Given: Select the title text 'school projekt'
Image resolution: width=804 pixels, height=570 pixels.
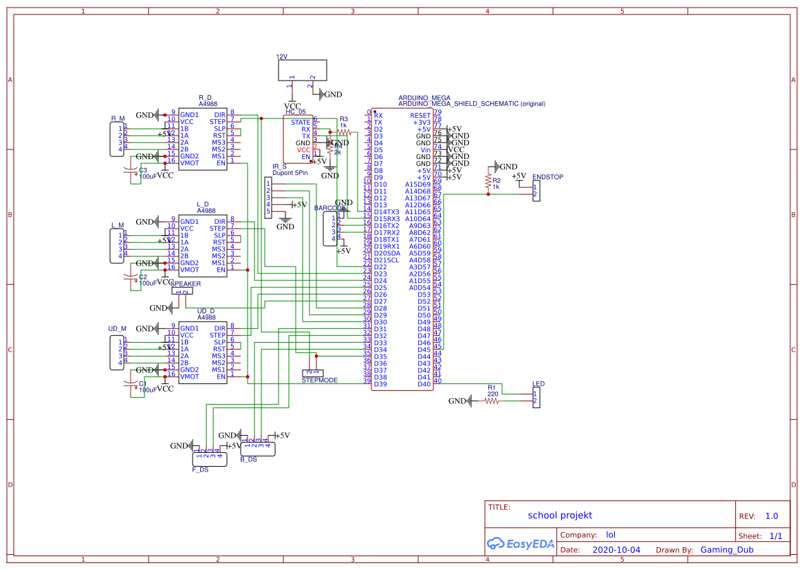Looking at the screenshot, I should tap(560, 515).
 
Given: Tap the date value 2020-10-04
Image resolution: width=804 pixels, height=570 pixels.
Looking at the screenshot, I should tap(616, 550).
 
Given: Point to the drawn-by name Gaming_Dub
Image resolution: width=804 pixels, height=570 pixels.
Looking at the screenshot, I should tap(727, 550).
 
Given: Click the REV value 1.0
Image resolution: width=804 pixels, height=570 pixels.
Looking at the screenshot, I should tap(771, 516).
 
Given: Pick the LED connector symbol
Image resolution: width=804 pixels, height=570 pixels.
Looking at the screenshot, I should tap(536, 397).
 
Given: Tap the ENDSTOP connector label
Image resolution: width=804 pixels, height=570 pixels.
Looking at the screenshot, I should tap(547, 178).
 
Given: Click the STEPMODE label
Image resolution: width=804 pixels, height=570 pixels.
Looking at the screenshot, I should tap(319, 380).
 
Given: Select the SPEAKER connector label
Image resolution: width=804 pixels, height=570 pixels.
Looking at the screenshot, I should tap(186, 284).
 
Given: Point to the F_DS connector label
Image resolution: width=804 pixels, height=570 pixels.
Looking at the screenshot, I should tap(200, 469).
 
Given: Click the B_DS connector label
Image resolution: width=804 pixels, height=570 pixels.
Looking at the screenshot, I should tap(248, 459).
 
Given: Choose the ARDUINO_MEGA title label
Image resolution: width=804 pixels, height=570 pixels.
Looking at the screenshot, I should tap(424, 98).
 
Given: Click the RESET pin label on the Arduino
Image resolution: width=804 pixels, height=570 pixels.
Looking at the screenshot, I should tap(420, 116).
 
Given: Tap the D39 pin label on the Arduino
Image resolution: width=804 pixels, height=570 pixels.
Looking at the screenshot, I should tap(380, 383).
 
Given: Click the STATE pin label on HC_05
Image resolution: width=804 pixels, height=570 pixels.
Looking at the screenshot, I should tap(301, 123).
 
